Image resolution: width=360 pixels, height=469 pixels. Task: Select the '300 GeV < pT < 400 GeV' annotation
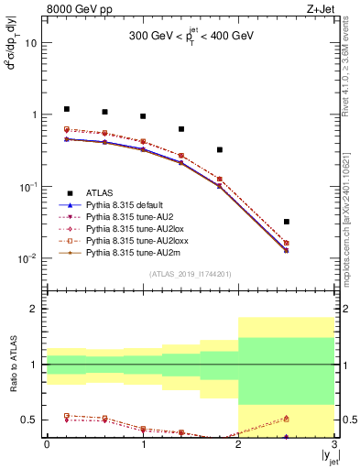[x=191, y=37]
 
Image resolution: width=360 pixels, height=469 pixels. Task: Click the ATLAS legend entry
[x=100, y=192]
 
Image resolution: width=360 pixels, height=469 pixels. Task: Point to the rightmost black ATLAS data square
[x=287, y=222]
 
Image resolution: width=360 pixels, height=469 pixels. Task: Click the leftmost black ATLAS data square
[x=66, y=109]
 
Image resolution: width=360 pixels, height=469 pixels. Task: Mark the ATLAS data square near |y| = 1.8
[x=220, y=149]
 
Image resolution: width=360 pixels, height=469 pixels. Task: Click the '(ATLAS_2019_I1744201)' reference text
[x=190, y=274]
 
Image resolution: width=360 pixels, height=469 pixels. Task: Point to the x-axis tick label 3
[x=334, y=446]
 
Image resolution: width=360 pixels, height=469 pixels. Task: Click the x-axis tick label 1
[x=143, y=446]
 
